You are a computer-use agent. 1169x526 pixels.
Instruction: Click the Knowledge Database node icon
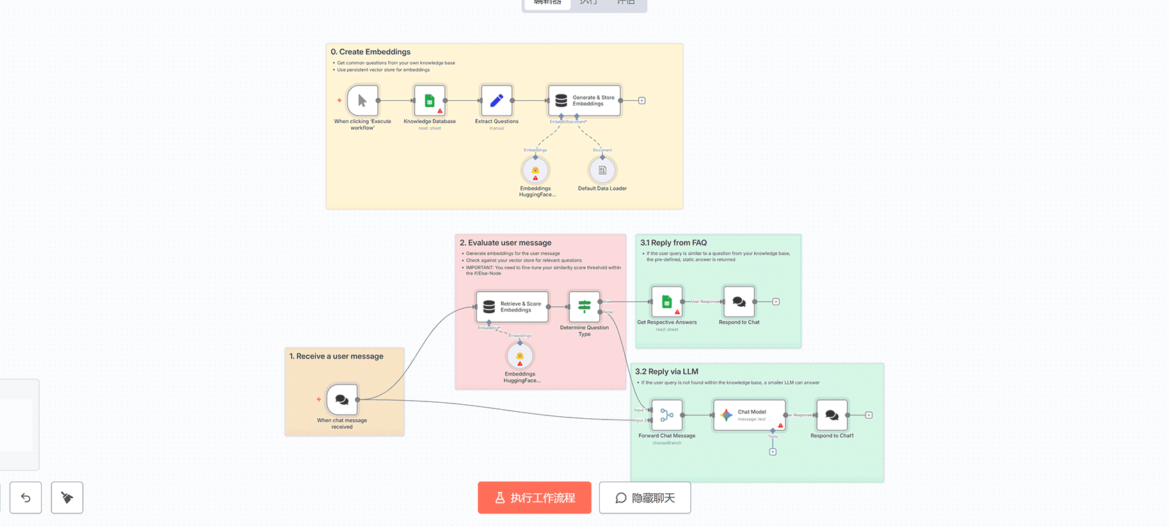(429, 101)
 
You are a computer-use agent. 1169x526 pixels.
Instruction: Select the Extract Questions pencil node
(496, 101)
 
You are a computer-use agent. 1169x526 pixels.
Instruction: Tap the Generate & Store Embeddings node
(584, 101)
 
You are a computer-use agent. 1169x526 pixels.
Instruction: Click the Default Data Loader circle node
(602, 170)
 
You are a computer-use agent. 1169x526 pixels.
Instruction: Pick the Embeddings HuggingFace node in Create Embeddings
(535, 170)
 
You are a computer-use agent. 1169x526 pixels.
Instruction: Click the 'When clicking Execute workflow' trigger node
(362, 101)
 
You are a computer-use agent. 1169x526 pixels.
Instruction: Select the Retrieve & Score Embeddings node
(511, 307)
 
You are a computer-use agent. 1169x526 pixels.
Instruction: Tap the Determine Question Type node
(584, 307)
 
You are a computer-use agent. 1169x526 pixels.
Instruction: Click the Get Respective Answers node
(667, 302)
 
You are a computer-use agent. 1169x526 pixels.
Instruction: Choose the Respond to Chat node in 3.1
(739, 302)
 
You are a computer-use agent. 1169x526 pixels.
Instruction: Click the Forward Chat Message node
(667, 415)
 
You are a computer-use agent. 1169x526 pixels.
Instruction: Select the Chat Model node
(749, 415)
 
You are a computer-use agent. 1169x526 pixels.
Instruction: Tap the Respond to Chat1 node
(832, 415)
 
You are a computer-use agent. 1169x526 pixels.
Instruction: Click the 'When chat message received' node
(342, 400)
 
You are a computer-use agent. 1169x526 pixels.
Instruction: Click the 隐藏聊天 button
(645, 498)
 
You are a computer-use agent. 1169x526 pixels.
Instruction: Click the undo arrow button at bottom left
(26, 498)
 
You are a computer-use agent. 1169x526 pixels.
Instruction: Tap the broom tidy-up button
(67, 498)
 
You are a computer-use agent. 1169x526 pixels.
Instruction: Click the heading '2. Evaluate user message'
(505, 243)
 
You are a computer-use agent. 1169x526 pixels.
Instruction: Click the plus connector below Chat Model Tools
(772, 452)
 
